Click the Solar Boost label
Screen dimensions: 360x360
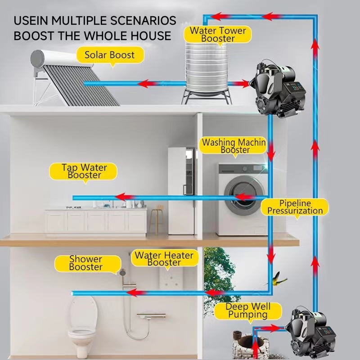(109, 55)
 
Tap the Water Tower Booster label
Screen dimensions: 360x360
(218, 35)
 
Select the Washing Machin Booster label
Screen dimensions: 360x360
(234, 146)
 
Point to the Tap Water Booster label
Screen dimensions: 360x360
(84, 171)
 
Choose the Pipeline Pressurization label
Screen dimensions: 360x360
(295, 207)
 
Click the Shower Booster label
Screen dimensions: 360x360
(85, 263)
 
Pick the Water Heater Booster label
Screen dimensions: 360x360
(164, 259)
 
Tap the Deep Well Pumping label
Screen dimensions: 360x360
(247, 310)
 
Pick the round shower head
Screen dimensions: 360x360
(121, 272)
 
